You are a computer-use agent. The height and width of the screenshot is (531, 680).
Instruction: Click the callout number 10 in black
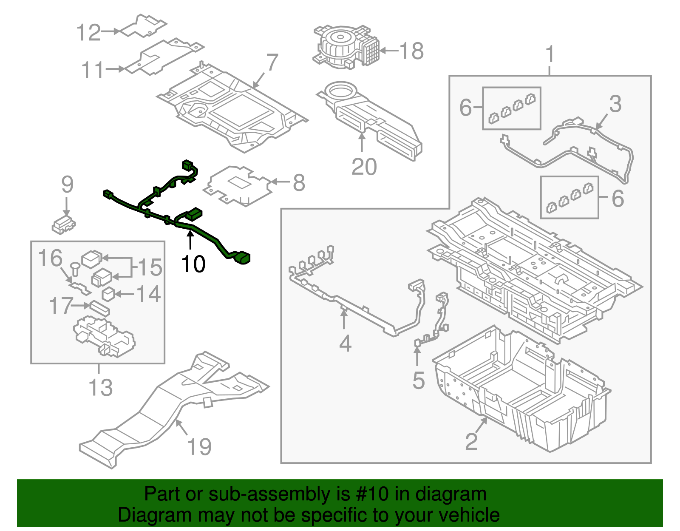point(193,264)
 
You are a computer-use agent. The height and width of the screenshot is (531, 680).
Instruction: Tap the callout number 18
point(411,51)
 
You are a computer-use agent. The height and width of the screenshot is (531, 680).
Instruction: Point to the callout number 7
point(272,62)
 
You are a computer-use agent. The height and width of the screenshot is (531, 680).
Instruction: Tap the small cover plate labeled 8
point(238,185)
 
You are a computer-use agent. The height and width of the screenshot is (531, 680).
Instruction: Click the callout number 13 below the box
point(101,387)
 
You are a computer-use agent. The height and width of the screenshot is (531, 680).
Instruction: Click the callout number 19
point(199,447)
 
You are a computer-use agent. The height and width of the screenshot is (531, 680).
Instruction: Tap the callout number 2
point(471,442)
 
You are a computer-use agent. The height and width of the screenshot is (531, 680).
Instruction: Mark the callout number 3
point(615,104)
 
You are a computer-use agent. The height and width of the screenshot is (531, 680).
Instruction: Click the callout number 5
point(418,380)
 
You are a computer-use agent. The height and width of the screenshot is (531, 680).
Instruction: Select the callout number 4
point(345,344)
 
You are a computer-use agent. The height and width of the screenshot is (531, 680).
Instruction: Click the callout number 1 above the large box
point(550,55)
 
